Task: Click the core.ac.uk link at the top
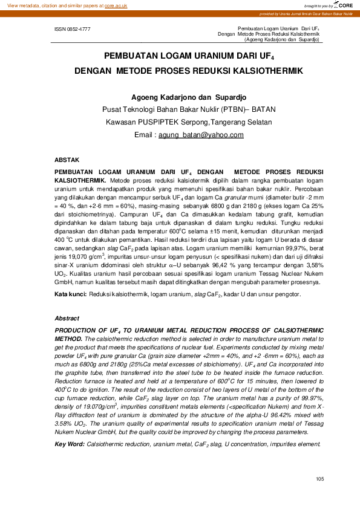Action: click(x=116, y=5)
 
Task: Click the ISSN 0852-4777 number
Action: click(x=73, y=28)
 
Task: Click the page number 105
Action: click(x=320, y=479)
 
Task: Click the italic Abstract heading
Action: click(x=67, y=318)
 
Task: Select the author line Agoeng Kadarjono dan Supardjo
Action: click(x=180, y=98)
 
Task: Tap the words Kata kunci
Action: click(x=71, y=294)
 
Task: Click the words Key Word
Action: click(x=70, y=444)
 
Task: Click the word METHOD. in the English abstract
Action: click(x=69, y=340)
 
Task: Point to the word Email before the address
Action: click(x=145, y=134)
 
